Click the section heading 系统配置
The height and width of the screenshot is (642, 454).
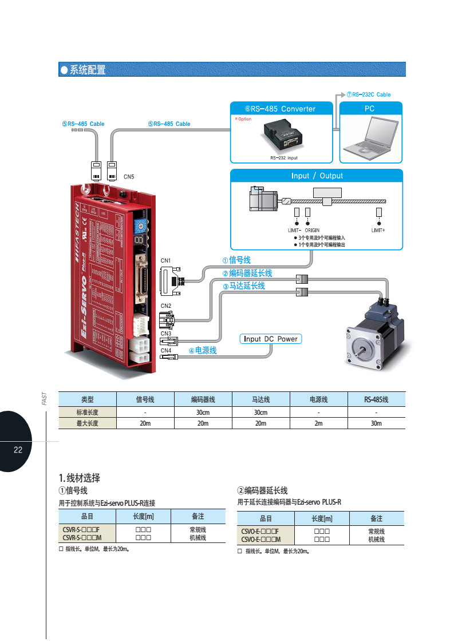click(87, 70)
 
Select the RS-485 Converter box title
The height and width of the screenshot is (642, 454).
click(281, 109)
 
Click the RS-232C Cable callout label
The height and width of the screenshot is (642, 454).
click(369, 94)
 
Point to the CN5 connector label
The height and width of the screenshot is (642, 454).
click(129, 177)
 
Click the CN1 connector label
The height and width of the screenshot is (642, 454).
click(165, 261)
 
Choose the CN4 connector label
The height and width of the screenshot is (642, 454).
click(165, 350)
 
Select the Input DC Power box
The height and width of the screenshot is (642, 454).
click(271, 339)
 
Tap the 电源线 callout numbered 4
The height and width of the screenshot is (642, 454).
click(203, 350)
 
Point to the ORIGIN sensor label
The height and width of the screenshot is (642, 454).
click(312, 230)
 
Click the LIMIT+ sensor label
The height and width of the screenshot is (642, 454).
click(378, 230)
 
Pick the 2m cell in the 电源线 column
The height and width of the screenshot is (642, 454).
click(318, 423)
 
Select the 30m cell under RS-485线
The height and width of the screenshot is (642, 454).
click(376, 423)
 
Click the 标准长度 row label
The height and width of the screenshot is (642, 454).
click(88, 413)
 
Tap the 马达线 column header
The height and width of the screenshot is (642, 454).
click(260, 399)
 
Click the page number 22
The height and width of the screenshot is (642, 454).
click(18, 450)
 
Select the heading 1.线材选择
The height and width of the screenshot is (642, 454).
click(80, 478)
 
